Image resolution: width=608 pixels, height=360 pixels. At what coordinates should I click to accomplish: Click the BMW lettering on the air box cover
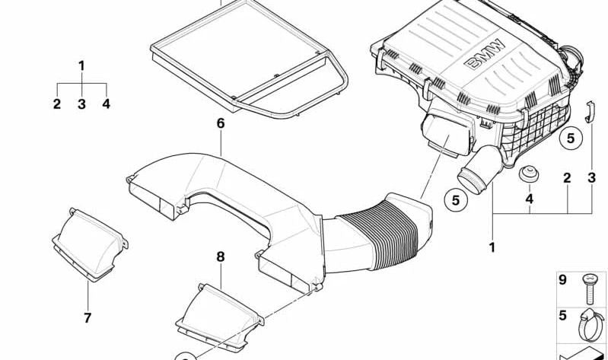coord(485,54)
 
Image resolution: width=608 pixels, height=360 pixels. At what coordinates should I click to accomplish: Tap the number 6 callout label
coord(220,123)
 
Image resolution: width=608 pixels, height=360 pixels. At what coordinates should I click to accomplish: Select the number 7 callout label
coord(88,317)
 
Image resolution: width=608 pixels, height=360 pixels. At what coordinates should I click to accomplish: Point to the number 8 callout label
coord(220,256)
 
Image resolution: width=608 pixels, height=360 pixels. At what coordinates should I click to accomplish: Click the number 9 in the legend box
coord(562,279)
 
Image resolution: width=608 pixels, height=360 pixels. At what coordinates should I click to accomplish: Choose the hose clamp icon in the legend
coord(590,325)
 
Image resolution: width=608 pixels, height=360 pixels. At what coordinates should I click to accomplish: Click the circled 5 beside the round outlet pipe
coord(456,200)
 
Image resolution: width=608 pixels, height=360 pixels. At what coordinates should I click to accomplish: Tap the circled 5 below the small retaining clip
coord(571,138)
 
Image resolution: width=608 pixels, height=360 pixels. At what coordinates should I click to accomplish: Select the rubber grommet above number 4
coord(529,174)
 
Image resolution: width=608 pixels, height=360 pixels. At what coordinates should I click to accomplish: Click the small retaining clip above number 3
coord(590,111)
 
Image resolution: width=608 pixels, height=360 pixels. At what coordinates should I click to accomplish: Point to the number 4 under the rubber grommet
coord(530,199)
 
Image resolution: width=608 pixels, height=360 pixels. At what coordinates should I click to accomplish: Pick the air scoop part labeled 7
coord(90,244)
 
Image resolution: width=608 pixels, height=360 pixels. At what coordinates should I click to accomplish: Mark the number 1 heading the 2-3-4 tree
coord(81,65)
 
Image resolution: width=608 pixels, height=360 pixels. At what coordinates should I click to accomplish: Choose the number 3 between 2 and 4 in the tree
coord(81,104)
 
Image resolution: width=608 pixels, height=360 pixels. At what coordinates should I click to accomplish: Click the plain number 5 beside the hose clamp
coord(562,315)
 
